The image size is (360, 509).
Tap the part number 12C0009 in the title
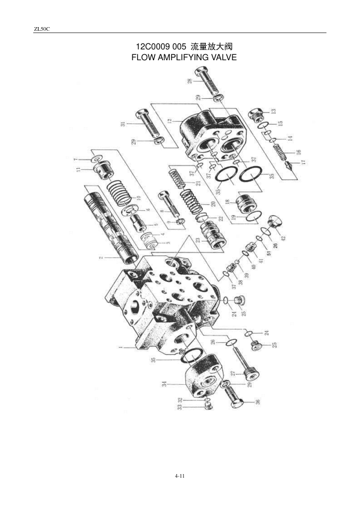click(152, 46)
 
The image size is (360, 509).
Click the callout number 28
click(190, 81)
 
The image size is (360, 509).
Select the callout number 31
click(123, 125)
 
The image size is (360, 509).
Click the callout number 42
click(283, 238)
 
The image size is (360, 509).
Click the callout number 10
click(138, 198)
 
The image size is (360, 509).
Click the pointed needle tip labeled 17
click(292, 167)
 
